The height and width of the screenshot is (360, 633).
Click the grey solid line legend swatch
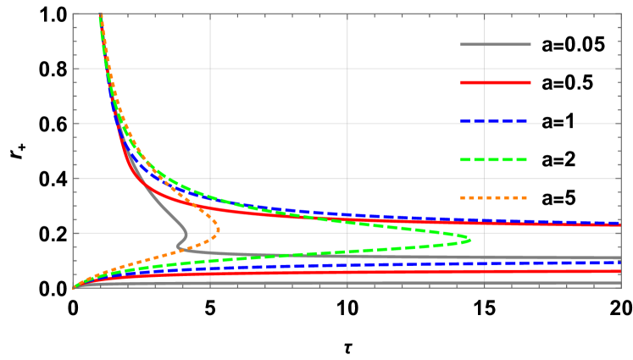pos(496,44)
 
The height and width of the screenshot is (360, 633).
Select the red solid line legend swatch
pos(496,82)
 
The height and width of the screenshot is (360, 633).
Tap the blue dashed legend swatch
pos(494,121)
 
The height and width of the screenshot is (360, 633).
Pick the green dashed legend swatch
pos(494,159)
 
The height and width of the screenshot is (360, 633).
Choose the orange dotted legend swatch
pos(494,197)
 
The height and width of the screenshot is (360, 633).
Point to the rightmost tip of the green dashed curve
pos(470,240)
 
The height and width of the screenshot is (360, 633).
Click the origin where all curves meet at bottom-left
pos(74,288)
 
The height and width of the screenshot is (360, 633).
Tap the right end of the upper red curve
pos(620,224)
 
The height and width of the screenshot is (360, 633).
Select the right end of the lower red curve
pos(620,271)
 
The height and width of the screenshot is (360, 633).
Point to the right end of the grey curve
pos(620,258)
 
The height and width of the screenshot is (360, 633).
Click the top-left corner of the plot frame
pos(74,14)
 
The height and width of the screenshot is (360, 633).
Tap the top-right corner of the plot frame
pos(621,14)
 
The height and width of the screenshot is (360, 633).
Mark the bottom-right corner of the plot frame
pos(621,288)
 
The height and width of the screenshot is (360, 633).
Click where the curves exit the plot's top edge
pos(101,15)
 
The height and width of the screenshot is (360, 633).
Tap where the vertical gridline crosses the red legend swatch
pos(485,82)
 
